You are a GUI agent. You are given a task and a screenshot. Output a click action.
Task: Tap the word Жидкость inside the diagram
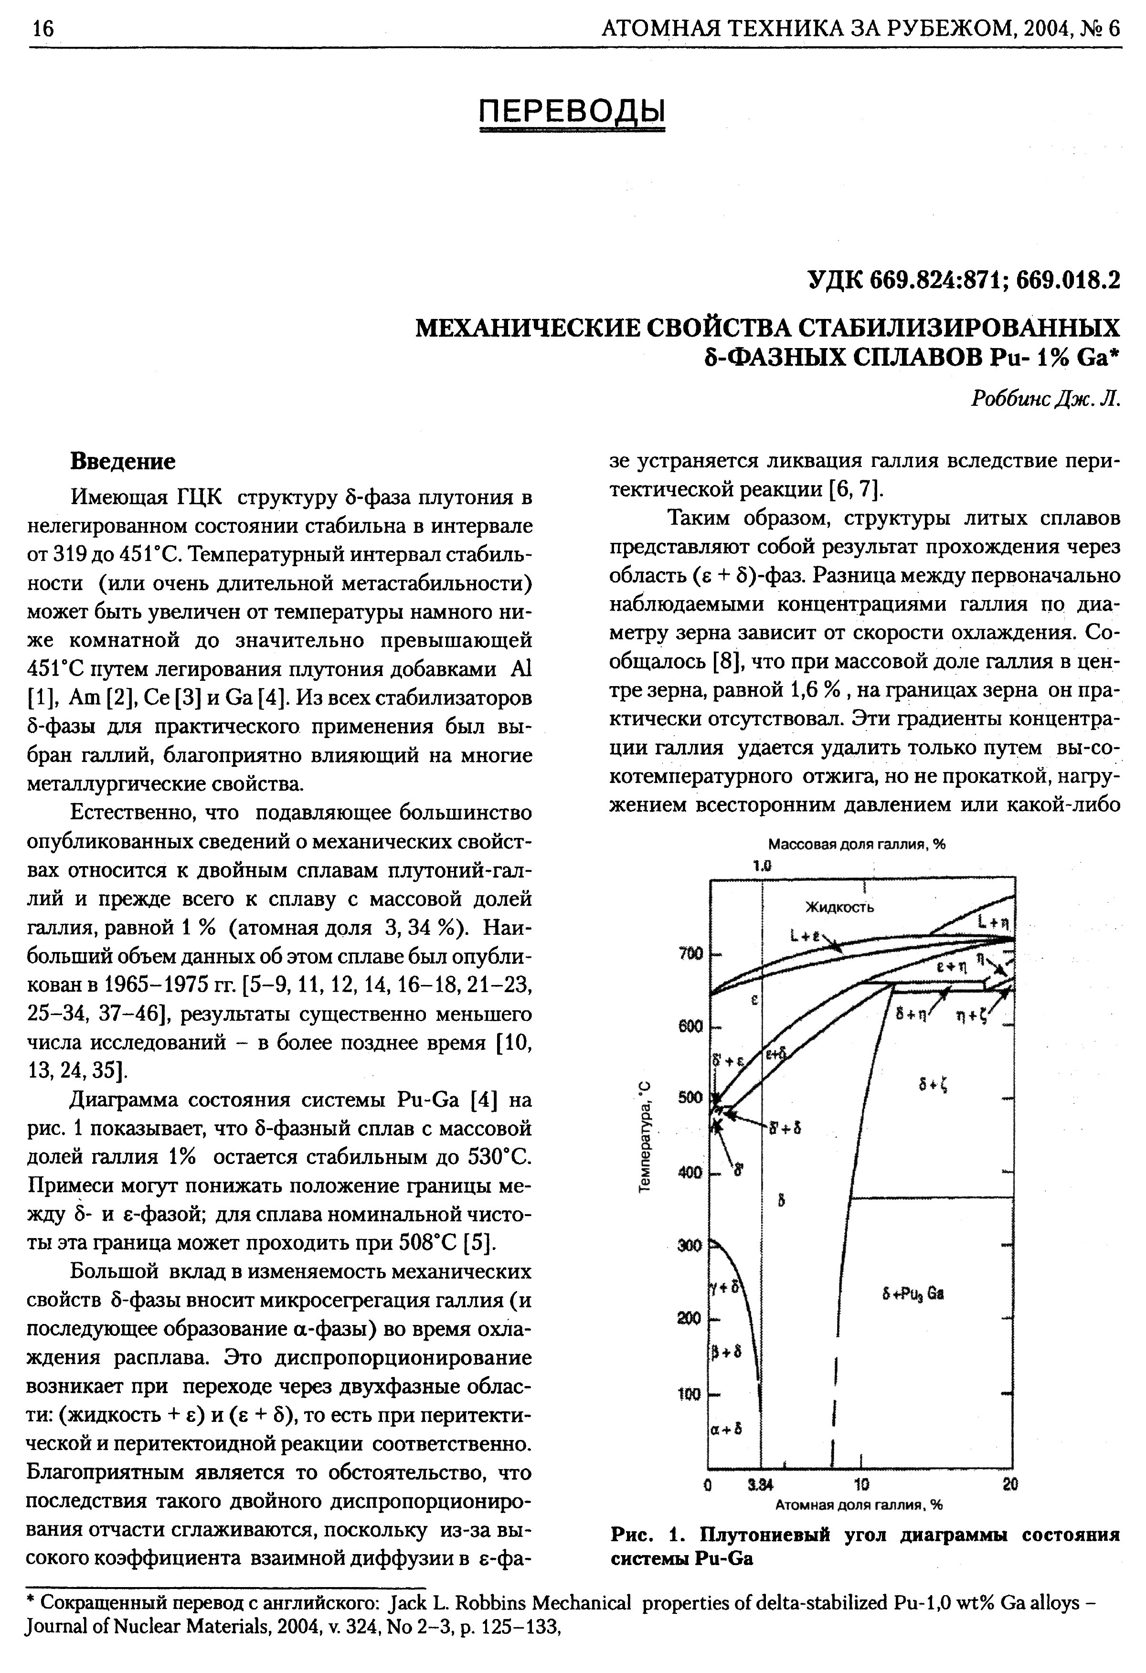pos(838,907)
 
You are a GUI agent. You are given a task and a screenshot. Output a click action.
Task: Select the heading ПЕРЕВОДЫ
pos(572,110)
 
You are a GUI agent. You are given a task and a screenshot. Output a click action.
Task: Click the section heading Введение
pos(122,461)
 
